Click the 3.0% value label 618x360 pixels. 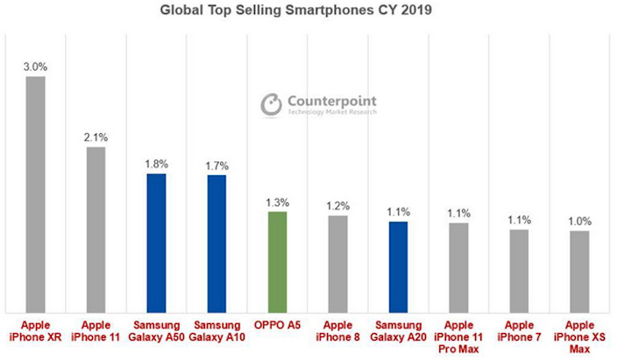pyautogui.click(x=35, y=66)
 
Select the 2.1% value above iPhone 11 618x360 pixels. pyautogui.click(x=96, y=136)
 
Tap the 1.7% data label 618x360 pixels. pyautogui.click(x=217, y=165)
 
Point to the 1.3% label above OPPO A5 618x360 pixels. pyautogui.click(x=277, y=201)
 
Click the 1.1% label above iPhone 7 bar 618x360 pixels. pyautogui.click(x=519, y=219)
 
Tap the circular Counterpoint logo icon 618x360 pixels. pyautogui.click(x=271, y=105)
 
